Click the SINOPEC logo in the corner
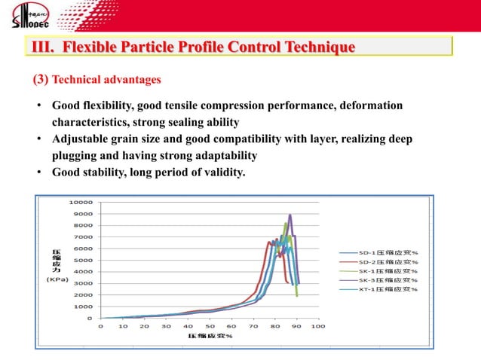click(x=29, y=16)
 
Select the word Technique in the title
click(x=319, y=48)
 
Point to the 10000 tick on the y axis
click(x=81, y=202)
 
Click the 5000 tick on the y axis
click(x=83, y=260)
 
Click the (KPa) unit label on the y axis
click(x=57, y=279)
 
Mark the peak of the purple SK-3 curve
click(x=290, y=215)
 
